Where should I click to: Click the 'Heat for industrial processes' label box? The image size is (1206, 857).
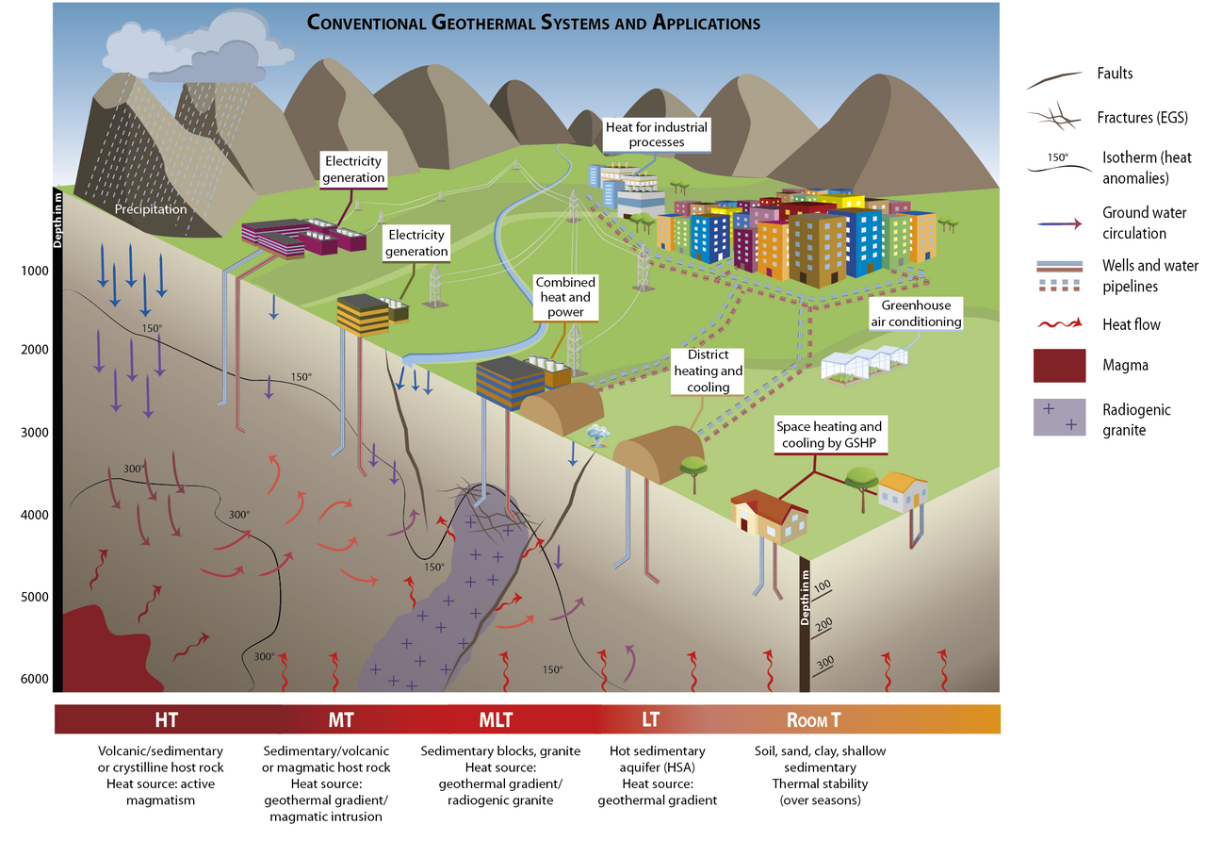[657, 135]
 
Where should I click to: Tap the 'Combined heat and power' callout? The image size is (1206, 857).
[565, 297]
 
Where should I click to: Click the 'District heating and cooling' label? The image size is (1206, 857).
[709, 371]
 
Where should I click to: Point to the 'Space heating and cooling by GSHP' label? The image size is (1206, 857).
[828, 435]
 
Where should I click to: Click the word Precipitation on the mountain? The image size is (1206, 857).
[151, 209]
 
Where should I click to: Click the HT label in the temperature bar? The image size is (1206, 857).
[166, 720]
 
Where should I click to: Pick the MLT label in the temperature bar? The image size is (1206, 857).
[496, 720]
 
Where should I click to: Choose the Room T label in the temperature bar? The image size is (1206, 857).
[813, 720]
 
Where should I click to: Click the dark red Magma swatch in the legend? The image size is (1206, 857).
[1060, 366]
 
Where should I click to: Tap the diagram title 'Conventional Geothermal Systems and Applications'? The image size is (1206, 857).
[533, 23]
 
